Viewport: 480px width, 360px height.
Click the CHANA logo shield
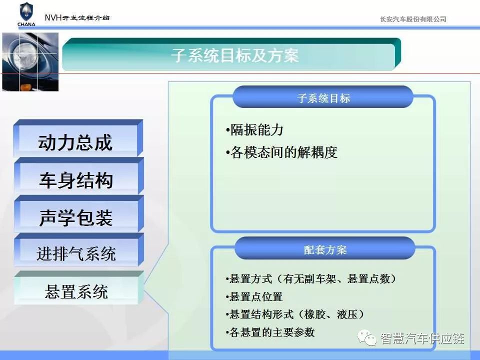26,12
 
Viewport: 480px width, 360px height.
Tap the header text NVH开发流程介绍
77,17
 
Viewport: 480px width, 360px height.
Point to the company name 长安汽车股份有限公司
413,19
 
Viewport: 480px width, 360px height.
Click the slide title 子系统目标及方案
235,55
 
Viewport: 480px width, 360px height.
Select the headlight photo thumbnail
30,62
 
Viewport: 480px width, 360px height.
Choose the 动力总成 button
78,138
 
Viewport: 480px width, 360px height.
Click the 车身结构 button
78,176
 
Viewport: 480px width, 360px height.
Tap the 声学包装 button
78,213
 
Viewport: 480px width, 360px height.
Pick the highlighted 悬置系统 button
78,288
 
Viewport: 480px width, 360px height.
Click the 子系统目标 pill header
323,97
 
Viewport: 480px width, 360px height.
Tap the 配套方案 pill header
325,248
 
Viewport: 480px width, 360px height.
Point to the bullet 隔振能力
254,130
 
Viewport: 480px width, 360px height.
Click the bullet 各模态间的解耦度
281,152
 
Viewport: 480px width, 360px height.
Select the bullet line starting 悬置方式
311,278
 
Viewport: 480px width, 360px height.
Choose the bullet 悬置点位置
254,296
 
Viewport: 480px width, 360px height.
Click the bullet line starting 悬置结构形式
295,314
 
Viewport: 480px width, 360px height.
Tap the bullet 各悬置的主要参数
270,332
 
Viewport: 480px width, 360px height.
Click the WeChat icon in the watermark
367,337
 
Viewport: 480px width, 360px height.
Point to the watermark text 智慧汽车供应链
422,338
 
